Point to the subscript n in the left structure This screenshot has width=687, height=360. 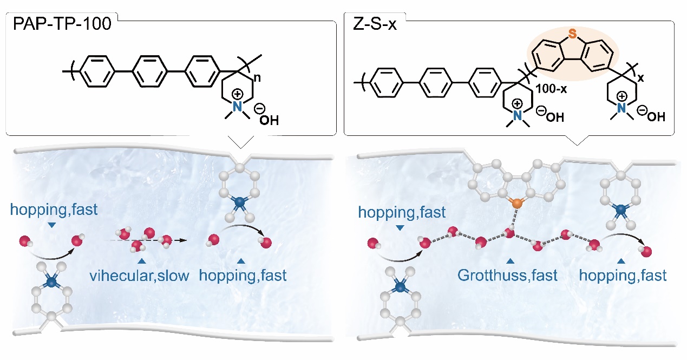tap(259, 78)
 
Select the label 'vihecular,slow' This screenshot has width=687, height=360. tap(140, 276)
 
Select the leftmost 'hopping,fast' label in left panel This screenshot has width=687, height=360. tap(54, 210)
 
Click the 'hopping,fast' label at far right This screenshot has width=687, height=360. tap(623, 276)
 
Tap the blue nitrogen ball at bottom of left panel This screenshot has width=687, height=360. tap(51, 282)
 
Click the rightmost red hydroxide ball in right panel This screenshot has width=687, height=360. tap(644, 251)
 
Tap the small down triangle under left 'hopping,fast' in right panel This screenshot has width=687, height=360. tap(400, 228)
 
